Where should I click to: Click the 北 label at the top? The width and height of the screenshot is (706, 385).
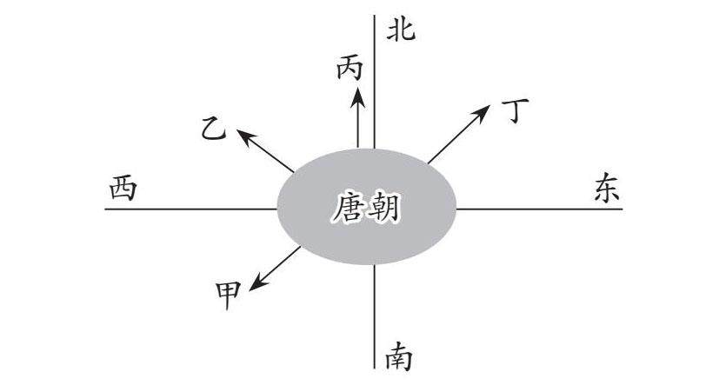click(401, 31)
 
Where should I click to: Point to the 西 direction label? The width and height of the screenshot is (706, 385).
click(123, 189)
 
